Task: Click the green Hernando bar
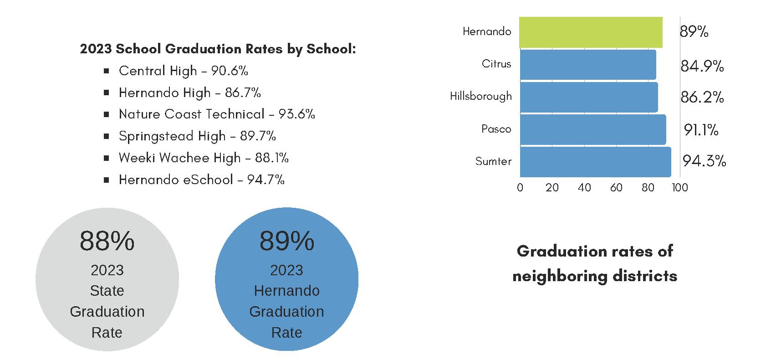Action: tap(591, 32)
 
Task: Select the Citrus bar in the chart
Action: tap(587, 64)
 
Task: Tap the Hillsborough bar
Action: tap(588, 97)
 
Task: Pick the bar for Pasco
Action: tap(592, 129)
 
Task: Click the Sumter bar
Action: tap(595, 162)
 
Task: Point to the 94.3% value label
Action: tap(704, 161)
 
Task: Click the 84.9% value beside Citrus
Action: tap(702, 67)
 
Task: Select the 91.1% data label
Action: tap(701, 130)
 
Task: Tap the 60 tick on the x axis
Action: tap(616, 188)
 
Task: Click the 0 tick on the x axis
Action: tap(520, 188)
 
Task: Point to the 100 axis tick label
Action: tap(680, 188)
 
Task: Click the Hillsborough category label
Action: tap(480, 96)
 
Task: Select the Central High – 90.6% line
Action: tap(183, 71)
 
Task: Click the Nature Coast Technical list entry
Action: tap(217, 114)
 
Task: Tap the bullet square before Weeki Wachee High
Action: tap(107, 158)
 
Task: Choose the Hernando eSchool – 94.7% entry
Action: tap(201, 180)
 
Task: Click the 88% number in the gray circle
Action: tap(107, 241)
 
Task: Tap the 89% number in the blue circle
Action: tap(286, 241)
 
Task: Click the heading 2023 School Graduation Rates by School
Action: tap(218, 49)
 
